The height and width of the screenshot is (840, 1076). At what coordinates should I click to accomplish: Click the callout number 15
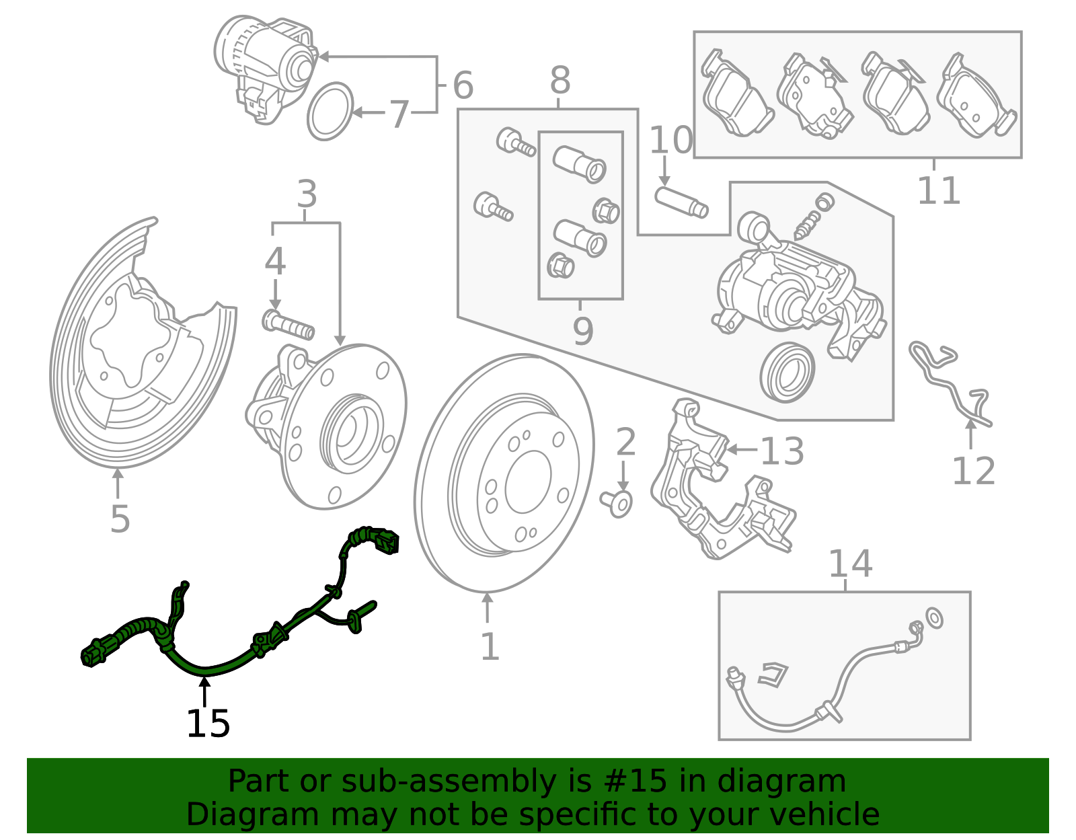pyautogui.click(x=208, y=724)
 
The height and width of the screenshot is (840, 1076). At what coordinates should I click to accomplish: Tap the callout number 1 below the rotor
pyautogui.click(x=490, y=647)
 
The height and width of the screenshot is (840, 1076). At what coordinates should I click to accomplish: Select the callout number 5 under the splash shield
pyautogui.click(x=120, y=519)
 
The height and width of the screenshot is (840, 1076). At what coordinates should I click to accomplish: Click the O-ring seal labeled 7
pyautogui.click(x=330, y=112)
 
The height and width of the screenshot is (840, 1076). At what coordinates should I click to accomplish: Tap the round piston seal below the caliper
pyautogui.click(x=787, y=372)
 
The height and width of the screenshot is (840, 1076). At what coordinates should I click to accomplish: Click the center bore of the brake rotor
pyautogui.click(x=528, y=482)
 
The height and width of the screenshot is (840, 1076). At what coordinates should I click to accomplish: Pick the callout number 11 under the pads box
pyautogui.click(x=939, y=190)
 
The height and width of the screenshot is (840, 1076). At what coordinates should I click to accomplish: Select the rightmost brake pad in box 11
pyautogui.click(x=977, y=98)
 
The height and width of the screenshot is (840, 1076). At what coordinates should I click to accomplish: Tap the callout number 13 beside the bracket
pyautogui.click(x=781, y=451)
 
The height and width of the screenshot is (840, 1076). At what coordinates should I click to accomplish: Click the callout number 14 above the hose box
pyautogui.click(x=850, y=564)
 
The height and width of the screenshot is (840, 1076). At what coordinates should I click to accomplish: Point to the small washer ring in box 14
pyautogui.click(x=934, y=617)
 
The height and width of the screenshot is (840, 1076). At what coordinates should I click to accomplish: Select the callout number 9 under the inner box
pyautogui.click(x=582, y=330)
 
